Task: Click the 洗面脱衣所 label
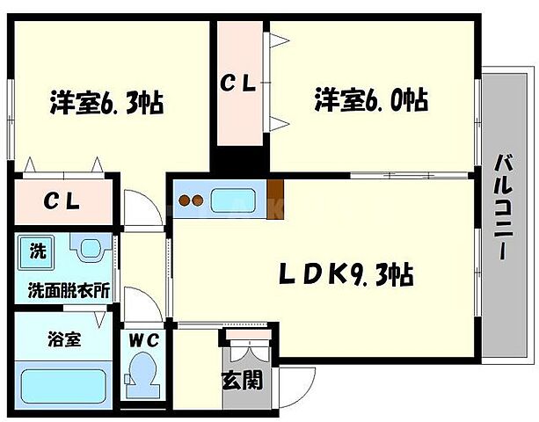tap(62, 289)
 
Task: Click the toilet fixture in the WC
tap(142, 373)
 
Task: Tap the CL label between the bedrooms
tap(237, 84)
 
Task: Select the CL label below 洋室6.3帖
tap(63, 200)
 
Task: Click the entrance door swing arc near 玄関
tap(299, 387)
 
